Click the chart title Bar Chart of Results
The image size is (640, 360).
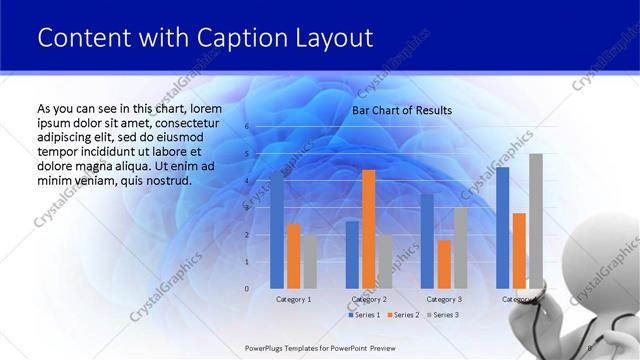tap(402, 110)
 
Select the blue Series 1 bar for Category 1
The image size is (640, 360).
tap(277, 230)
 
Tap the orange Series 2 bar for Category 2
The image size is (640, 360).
tap(369, 229)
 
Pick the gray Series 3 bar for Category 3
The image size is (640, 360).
tap(460, 248)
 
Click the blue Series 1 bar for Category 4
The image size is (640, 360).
tap(503, 228)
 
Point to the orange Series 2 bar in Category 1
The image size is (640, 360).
tap(293, 256)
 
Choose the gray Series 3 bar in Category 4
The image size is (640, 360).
tap(536, 221)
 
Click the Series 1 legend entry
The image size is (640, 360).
tap(365, 315)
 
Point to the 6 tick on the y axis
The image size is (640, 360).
tap(246, 127)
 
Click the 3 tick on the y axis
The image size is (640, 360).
tap(246, 208)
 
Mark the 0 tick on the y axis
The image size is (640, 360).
tap(246, 289)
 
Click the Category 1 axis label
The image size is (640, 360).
tap(293, 299)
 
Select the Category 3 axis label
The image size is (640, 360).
tap(444, 299)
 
